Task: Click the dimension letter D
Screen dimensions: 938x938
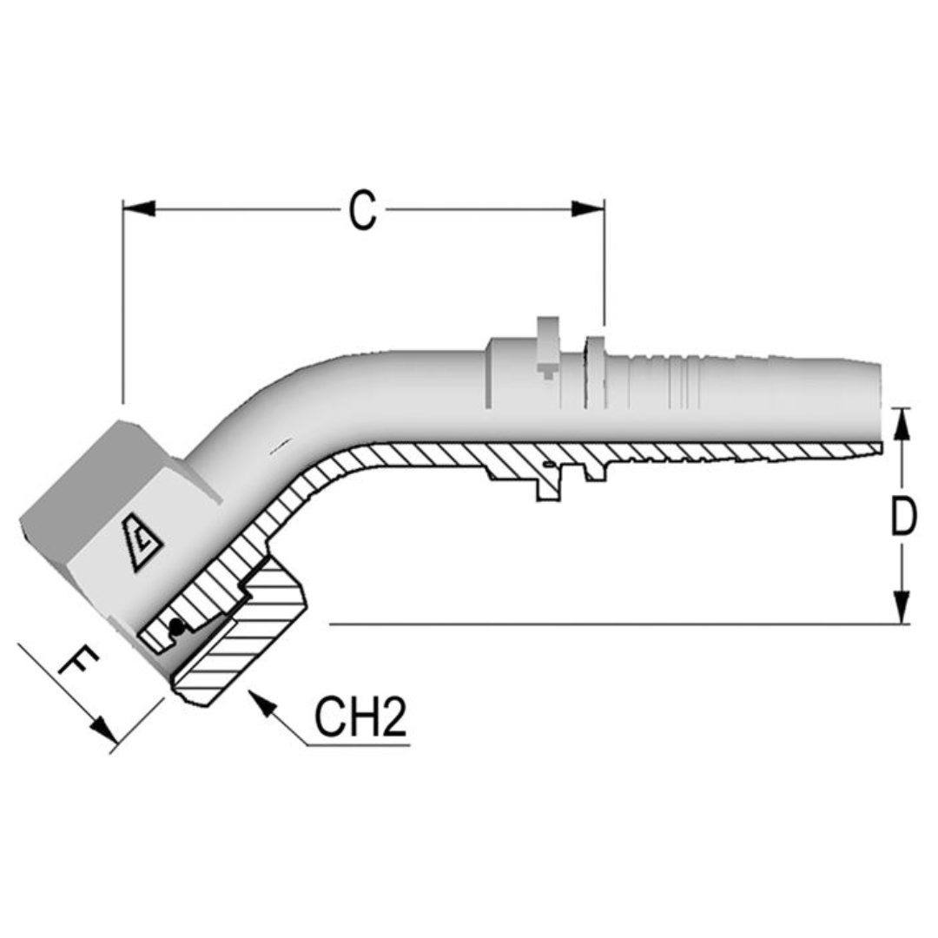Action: [903, 518]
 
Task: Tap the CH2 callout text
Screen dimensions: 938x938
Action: [360, 717]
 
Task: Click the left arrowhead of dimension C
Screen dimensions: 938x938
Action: [139, 208]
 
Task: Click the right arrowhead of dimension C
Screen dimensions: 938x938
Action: [588, 208]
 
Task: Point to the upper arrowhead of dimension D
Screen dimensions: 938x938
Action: [903, 423]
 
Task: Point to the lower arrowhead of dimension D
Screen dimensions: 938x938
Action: [903, 607]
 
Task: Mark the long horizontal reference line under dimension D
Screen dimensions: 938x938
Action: [608, 624]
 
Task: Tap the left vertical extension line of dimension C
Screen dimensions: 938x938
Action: [123, 304]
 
